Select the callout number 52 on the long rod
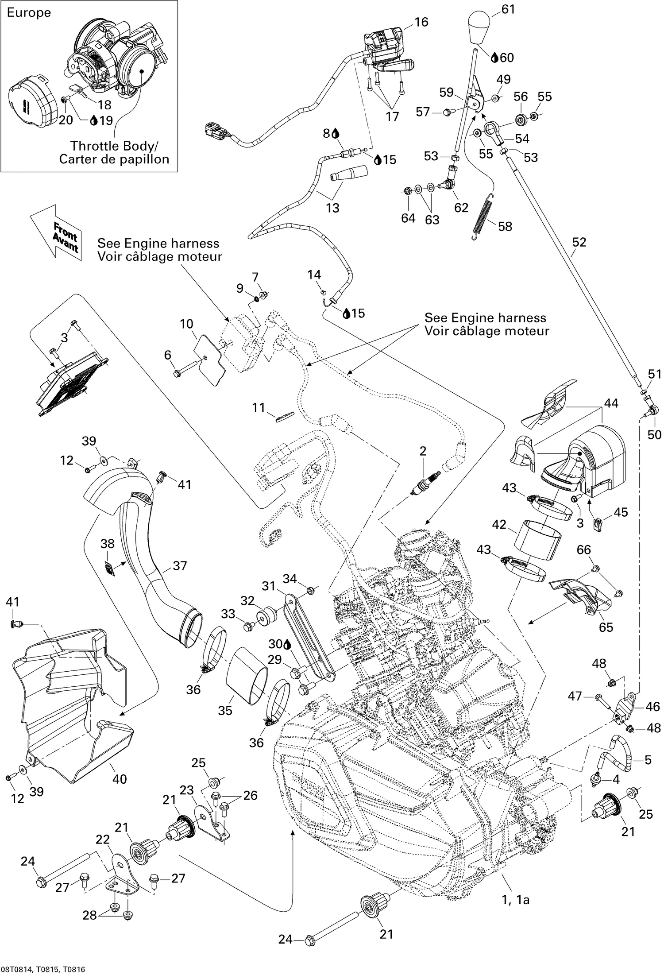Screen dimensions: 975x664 pos(579,242)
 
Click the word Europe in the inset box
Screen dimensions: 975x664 pos(29,13)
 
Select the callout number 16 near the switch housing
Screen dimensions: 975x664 pos(421,22)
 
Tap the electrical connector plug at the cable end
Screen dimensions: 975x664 pos(214,131)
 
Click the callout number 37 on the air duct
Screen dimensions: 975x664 pos(180,565)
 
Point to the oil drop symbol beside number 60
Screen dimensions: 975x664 pos(495,58)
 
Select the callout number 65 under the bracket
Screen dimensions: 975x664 pos(606,627)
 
